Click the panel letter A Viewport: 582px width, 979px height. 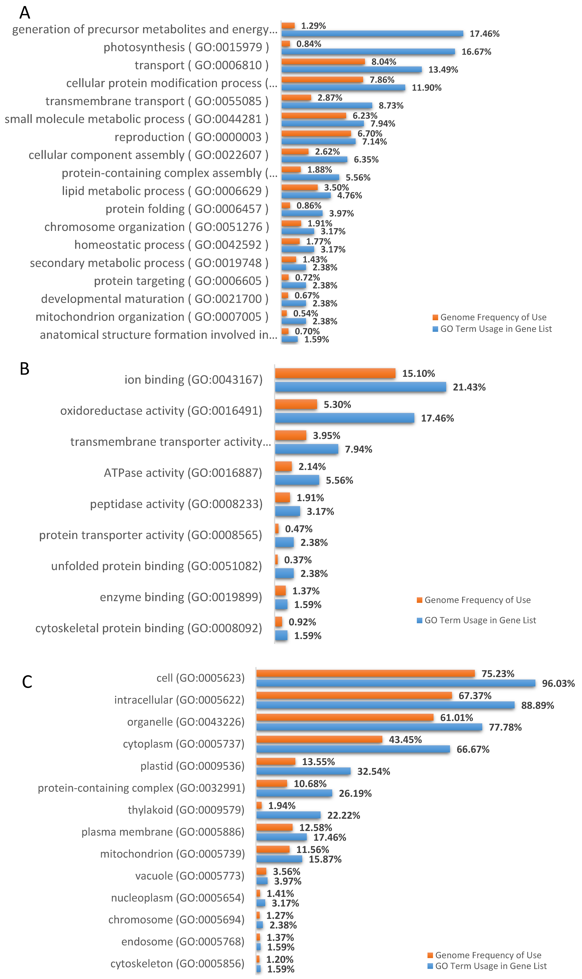click(25, 13)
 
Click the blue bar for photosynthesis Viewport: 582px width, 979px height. click(368, 52)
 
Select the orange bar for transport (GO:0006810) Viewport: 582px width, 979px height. click(323, 62)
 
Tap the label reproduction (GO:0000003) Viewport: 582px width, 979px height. click(191, 137)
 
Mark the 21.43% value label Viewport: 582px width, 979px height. click(469, 387)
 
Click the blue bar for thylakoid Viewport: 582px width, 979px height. click(288, 815)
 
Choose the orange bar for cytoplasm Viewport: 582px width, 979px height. click(319, 739)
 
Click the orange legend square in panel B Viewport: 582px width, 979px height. click(419, 600)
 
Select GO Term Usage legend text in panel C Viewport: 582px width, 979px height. click(491, 966)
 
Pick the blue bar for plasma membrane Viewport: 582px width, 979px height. click(282, 837)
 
